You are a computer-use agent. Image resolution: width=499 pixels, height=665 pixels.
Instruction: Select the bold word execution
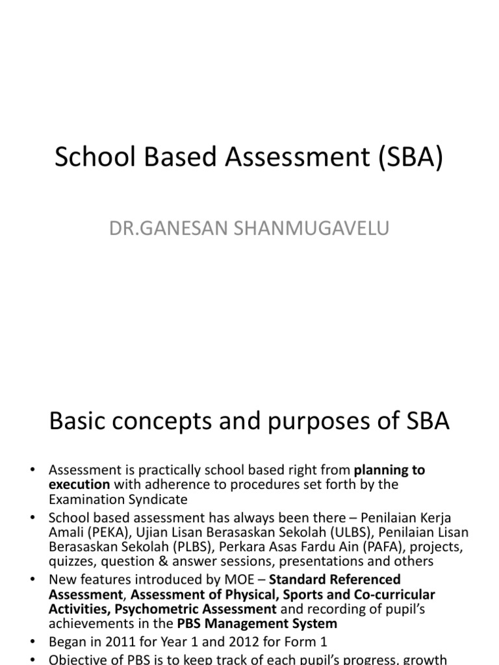pos(79,484)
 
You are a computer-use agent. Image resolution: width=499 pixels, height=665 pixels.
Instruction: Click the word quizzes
pos(71,562)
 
